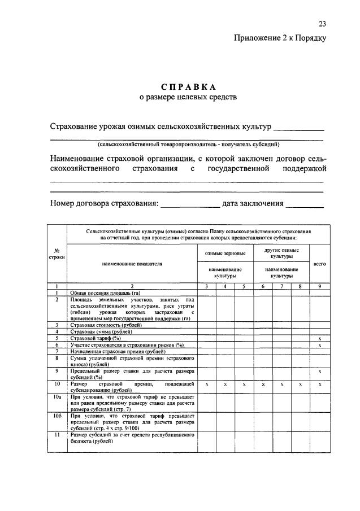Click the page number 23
click(x=322, y=24)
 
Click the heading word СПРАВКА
click(x=188, y=87)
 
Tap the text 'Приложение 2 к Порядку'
click(x=280, y=38)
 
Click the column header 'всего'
click(x=319, y=264)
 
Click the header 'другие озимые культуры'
click(x=281, y=253)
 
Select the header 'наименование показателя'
click(x=132, y=264)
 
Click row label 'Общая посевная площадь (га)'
click(x=105, y=293)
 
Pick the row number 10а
click(x=57, y=398)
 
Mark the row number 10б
click(x=57, y=416)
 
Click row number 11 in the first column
click(x=57, y=435)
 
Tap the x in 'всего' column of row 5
click(x=319, y=338)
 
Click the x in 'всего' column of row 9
click(x=319, y=371)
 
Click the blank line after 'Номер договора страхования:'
click(x=190, y=204)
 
